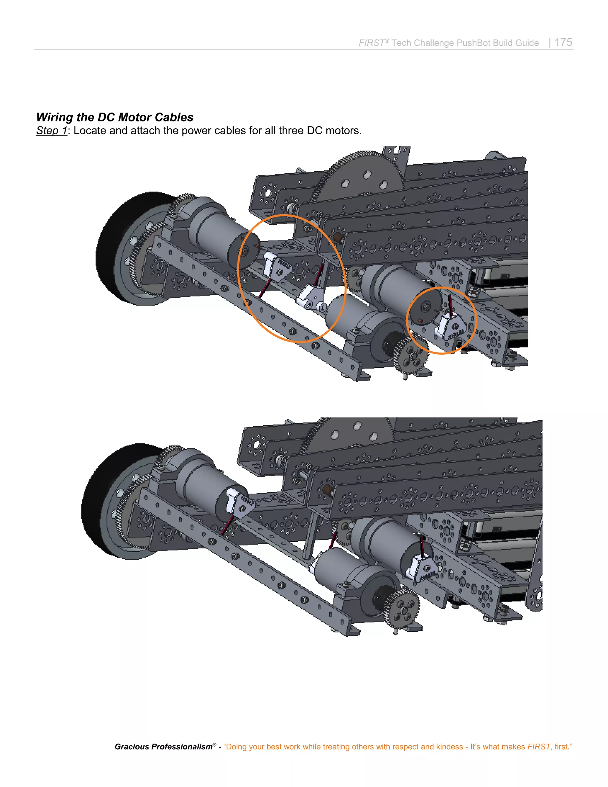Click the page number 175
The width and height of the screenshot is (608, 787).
pos(563,42)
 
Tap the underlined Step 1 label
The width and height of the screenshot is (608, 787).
pos(51,130)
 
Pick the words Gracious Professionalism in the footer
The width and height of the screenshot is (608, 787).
pos(164,747)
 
